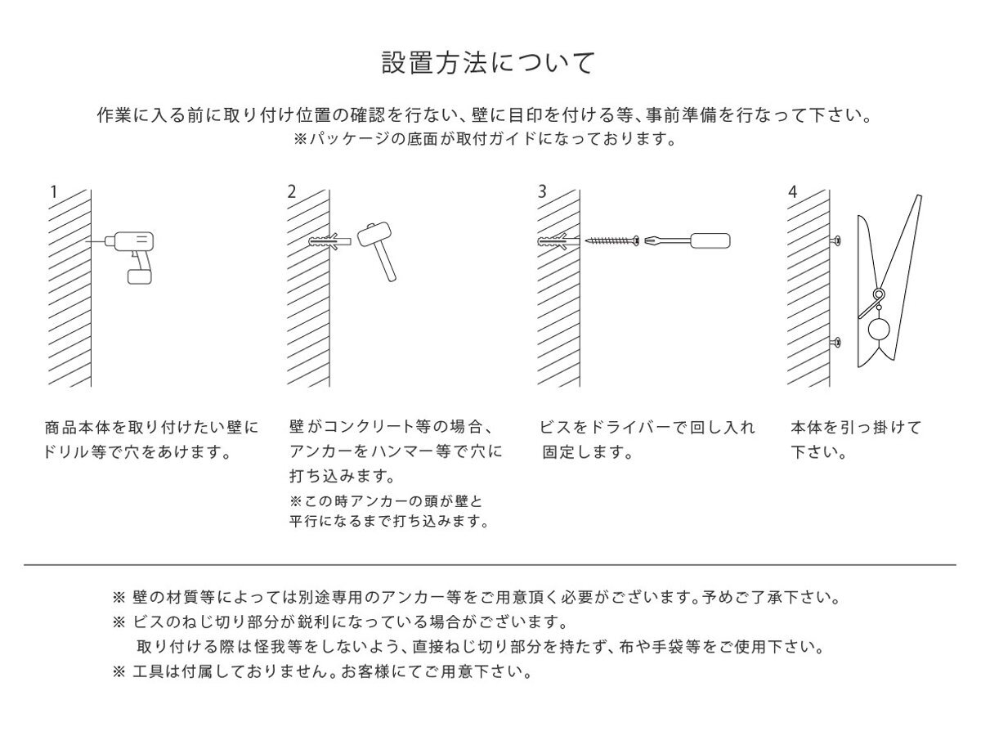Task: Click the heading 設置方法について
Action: (x=488, y=63)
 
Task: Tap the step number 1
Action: (x=54, y=192)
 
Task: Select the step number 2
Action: (x=292, y=192)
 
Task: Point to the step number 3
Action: (x=541, y=192)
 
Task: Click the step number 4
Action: (x=791, y=192)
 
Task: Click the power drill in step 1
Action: (x=135, y=249)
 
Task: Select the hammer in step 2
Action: (x=379, y=249)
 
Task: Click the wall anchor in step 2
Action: (x=329, y=242)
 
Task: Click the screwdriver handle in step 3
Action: (x=710, y=241)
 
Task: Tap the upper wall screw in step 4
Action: (x=836, y=240)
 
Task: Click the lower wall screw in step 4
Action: (x=836, y=342)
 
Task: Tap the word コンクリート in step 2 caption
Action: (x=371, y=427)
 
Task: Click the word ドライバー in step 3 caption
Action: (x=615, y=427)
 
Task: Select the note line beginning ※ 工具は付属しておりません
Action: (x=322, y=674)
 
